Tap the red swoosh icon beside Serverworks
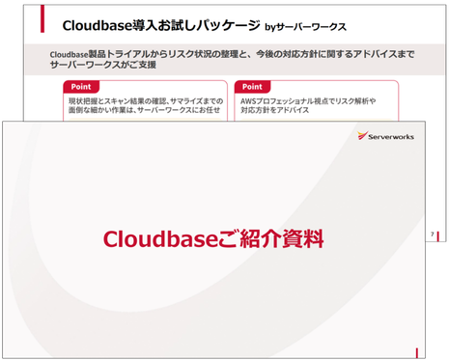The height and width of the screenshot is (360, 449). point(362,136)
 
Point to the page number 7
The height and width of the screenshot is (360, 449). point(431,235)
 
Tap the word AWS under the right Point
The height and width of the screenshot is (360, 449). point(249,100)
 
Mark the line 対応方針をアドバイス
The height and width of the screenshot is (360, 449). point(274,111)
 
